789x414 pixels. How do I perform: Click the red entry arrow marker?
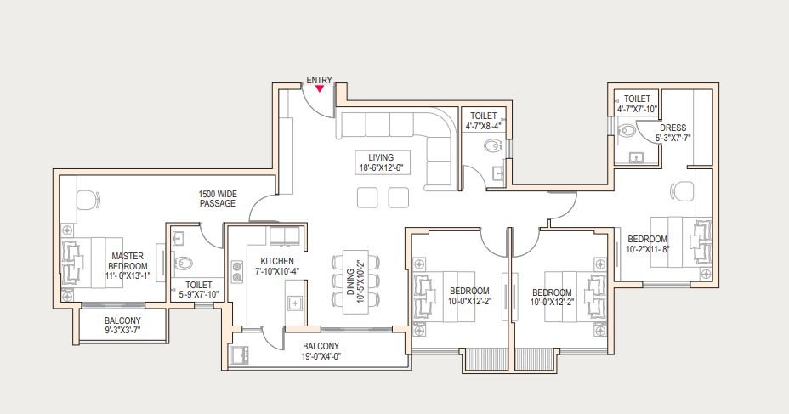(x=320, y=89)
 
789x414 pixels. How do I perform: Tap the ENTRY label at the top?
(x=319, y=80)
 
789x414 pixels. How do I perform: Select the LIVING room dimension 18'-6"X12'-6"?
(x=382, y=167)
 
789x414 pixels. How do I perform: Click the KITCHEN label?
(x=277, y=261)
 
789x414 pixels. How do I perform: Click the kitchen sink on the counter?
(x=294, y=303)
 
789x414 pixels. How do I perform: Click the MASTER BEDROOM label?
(x=128, y=261)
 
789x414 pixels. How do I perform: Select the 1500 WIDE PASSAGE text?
(x=218, y=199)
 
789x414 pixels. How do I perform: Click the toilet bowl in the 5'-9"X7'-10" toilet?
(x=183, y=263)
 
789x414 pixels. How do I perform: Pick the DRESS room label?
(x=673, y=128)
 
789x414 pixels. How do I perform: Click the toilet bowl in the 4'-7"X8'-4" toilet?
(x=492, y=146)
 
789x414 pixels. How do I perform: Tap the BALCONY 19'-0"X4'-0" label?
(x=321, y=352)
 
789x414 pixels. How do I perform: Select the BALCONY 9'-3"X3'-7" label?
(x=122, y=326)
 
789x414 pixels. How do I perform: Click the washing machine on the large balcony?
(x=239, y=354)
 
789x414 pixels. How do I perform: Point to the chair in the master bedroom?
(x=88, y=199)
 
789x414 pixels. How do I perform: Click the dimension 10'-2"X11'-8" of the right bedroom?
(x=648, y=248)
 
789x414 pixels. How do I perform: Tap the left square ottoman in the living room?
(x=367, y=197)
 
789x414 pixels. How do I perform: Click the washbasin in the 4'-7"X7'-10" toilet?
(x=636, y=158)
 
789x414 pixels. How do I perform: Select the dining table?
(x=355, y=281)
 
